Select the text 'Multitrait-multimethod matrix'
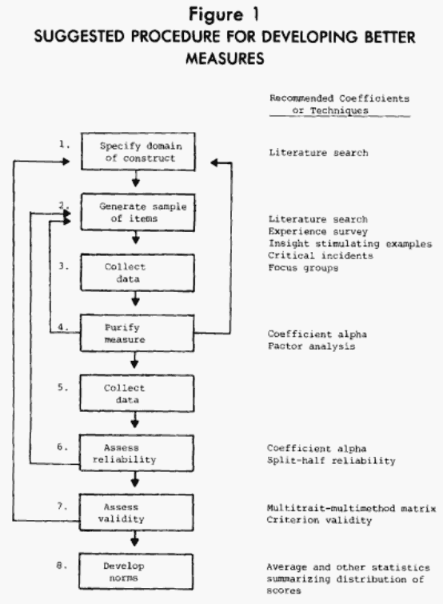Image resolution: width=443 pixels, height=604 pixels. pos(349,508)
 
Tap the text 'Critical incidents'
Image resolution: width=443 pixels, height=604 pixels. pos(316,255)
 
